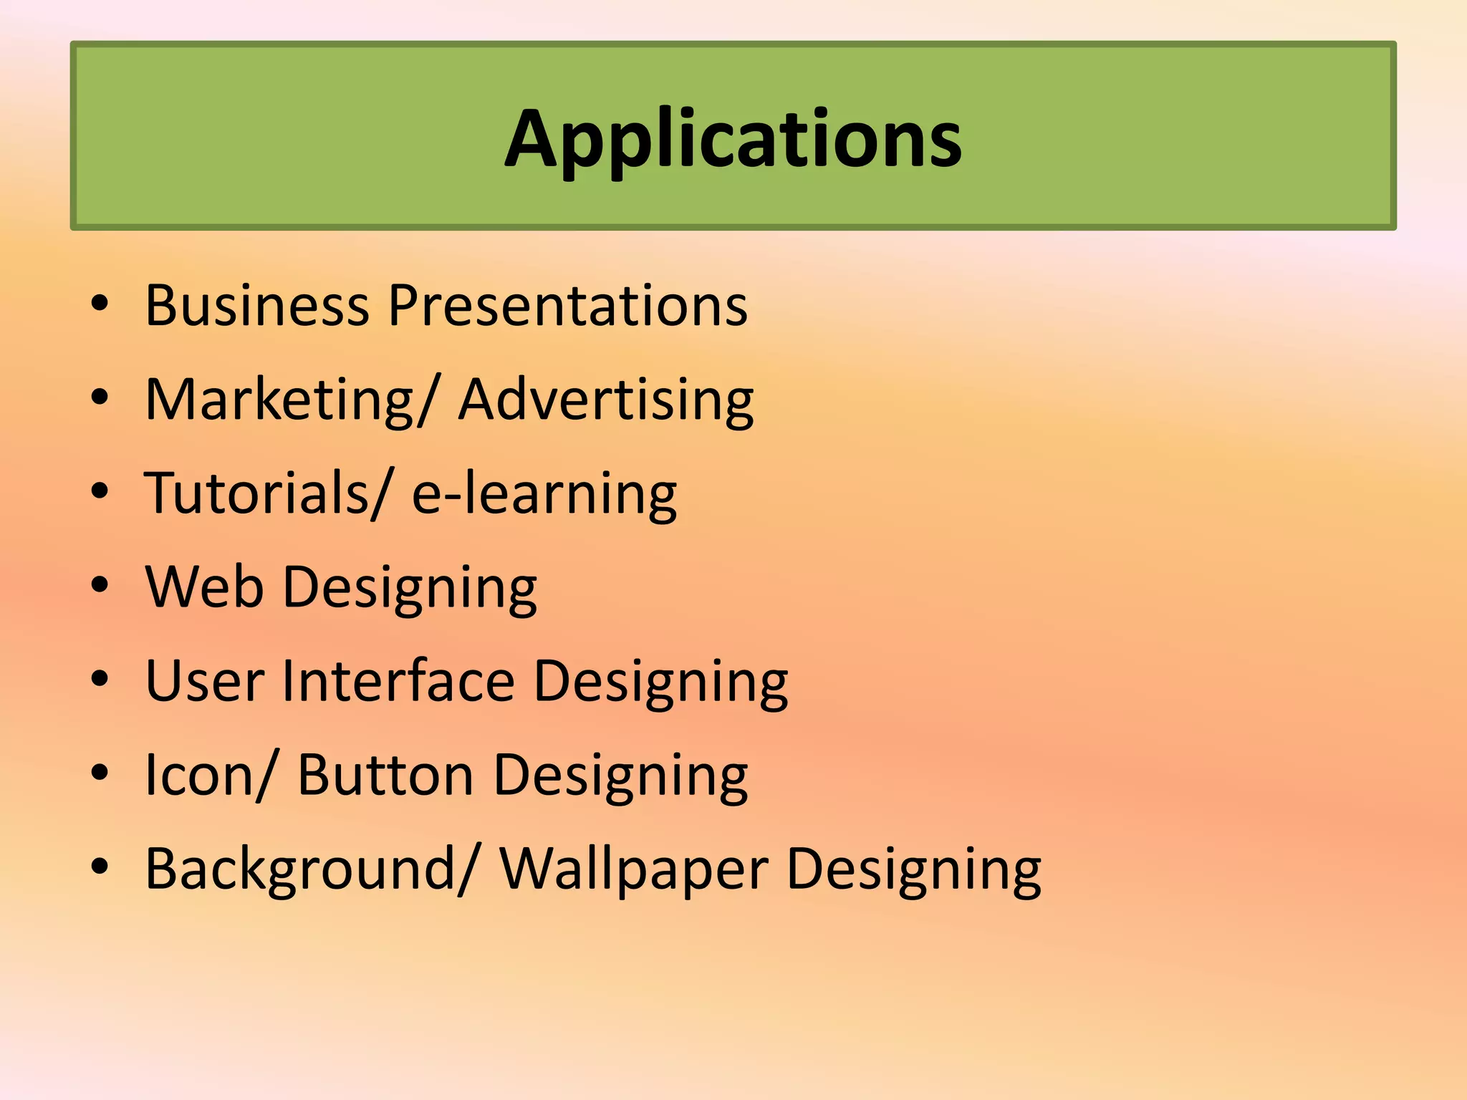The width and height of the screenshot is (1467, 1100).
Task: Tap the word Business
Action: click(257, 306)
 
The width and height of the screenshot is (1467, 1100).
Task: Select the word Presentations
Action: click(567, 306)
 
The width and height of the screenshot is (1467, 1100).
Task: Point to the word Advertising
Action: click(606, 400)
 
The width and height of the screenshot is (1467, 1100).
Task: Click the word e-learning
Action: click(544, 493)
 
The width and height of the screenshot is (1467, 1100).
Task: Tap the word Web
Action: click(204, 587)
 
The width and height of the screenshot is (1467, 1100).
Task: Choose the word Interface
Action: click(398, 681)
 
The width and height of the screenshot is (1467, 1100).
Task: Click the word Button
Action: click(385, 775)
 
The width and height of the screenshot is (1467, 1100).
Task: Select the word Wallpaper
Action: click(634, 869)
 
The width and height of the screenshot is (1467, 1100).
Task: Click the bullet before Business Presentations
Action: click(100, 304)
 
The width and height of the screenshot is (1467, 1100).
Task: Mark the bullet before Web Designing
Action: click(100, 586)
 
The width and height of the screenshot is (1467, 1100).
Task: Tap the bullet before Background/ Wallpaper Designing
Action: click(100, 867)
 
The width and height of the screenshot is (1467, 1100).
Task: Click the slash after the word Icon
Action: click(264, 776)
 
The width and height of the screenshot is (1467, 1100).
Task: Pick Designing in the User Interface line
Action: click(660, 682)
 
